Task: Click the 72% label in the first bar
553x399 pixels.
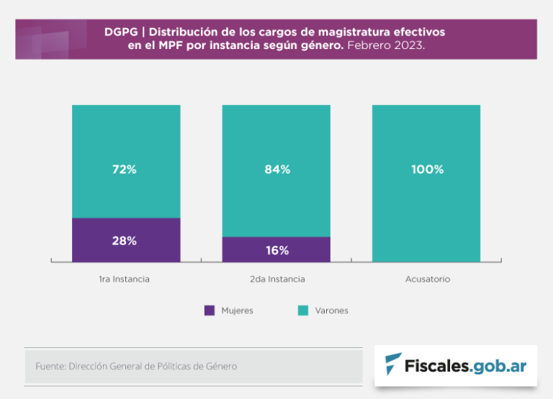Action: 124,170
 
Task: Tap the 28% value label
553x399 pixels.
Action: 124,241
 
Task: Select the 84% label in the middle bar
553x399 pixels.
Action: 276,170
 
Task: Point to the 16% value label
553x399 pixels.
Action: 276,250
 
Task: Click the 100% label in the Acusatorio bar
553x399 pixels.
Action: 427,170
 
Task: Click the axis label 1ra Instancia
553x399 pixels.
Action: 124,279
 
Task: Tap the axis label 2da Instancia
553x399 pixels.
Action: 276,279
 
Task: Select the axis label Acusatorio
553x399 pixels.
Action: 427,279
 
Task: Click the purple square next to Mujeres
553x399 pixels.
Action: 210,310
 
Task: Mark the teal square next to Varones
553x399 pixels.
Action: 303,310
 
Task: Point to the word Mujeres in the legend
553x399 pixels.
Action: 237,311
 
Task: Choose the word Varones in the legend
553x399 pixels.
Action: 331,311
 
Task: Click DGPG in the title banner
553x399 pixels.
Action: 121,32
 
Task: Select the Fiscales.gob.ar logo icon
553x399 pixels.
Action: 393,365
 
